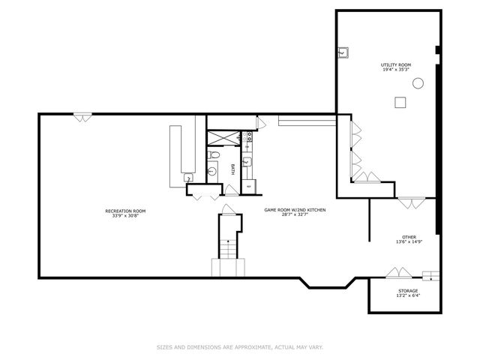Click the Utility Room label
coord(396,65)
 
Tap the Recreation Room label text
coord(125,211)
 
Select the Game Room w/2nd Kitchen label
coord(295,210)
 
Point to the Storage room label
coord(408,291)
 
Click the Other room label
coord(409,237)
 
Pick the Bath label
coord(232,169)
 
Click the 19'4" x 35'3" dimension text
coord(396,70)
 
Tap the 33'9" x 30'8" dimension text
coord(125,215)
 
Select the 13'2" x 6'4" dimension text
coord(408,295)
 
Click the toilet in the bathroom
coord(214,155)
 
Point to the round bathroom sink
coord(211,172)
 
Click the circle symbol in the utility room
coord(418,83)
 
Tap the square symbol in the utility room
coord(400,103)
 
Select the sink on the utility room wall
coord(343,52)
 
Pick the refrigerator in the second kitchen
coord(249,186)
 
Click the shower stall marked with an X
coord(223,138)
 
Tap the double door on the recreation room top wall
coord(82,118)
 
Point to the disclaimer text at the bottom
coord(240,347)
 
